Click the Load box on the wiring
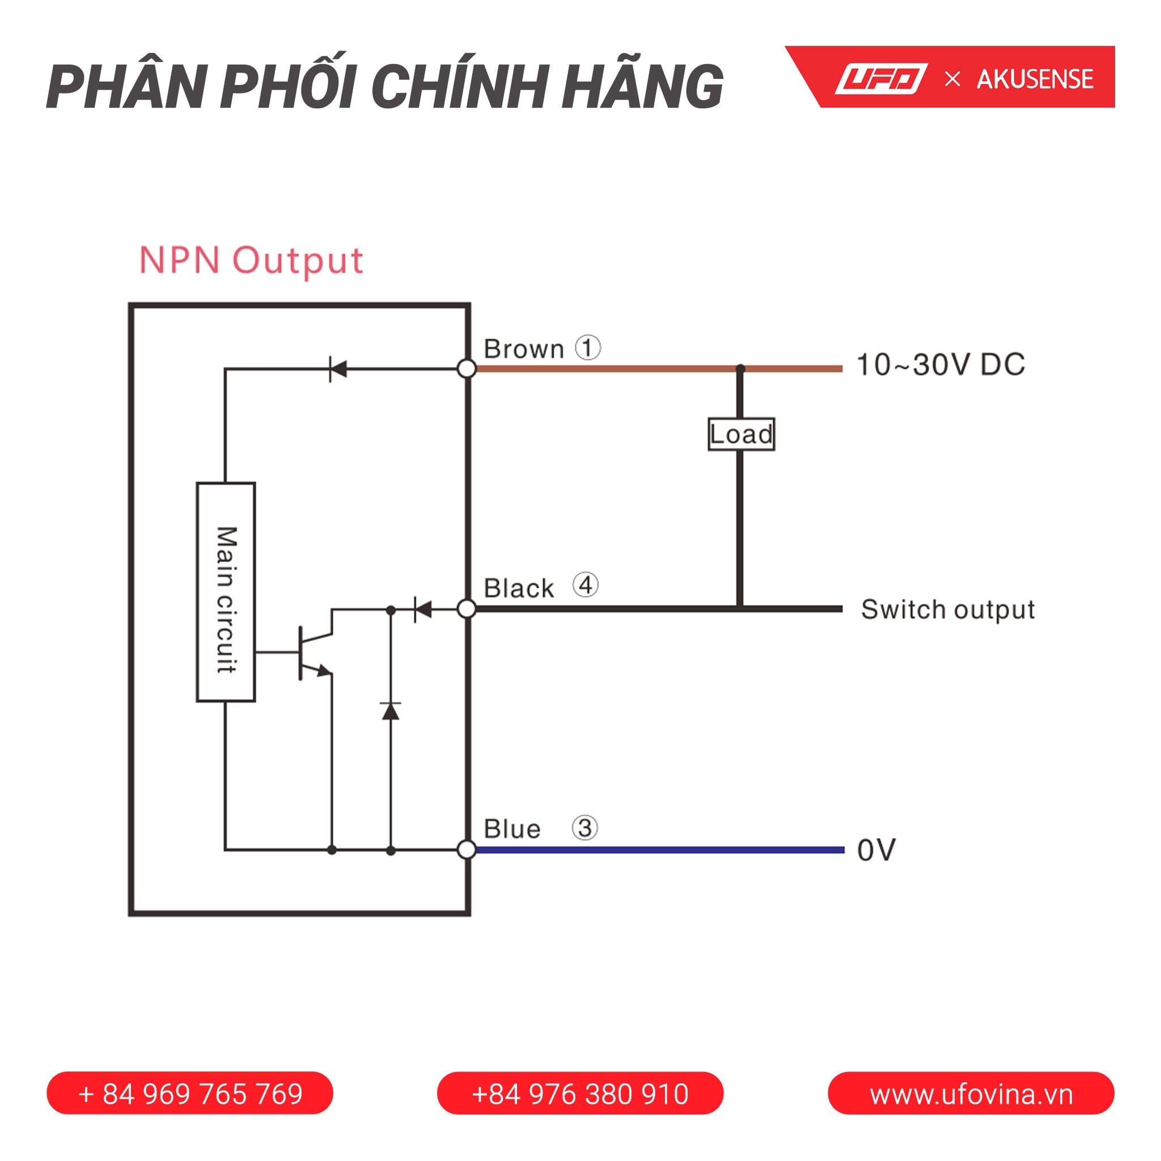(741, 434)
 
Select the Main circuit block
(226, 592)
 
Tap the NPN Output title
(251, 260)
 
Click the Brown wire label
(524, 349)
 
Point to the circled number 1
(588, 348)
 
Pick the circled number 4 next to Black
(585, 584)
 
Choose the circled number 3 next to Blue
(584, 828)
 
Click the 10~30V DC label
(940, 365)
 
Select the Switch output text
(948, 609)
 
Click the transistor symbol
(313, 652)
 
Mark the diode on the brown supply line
(338, 368)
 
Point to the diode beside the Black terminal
(422, 609)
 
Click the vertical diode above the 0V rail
(391, 711)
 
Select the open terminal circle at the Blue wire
(467, 850)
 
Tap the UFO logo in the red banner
(880, 79)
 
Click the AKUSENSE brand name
(1035, 79)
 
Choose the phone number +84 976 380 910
(580, 1094)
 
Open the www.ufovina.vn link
(971, 1094)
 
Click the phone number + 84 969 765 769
(190, 1094)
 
